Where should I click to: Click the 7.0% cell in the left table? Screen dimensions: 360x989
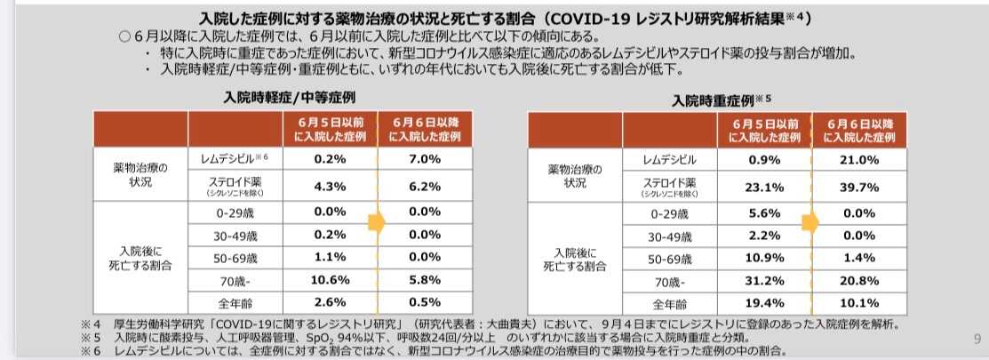point(425,159)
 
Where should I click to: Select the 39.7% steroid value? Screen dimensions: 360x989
point(859,187)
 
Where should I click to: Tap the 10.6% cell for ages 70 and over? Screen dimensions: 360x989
point(330,279)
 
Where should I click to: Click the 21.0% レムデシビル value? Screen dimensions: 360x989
point(859,160)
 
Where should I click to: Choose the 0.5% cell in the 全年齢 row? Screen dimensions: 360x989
point(425,301)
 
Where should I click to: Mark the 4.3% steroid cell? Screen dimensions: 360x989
point(330,187)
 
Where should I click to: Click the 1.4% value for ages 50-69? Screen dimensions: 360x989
point(859,258)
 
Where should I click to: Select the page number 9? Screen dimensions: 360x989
point(977,338)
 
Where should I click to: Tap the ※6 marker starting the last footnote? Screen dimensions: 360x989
point(87,351)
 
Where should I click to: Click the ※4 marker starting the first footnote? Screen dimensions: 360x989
point(87,324)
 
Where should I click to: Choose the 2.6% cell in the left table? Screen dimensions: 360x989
point(330,301)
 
